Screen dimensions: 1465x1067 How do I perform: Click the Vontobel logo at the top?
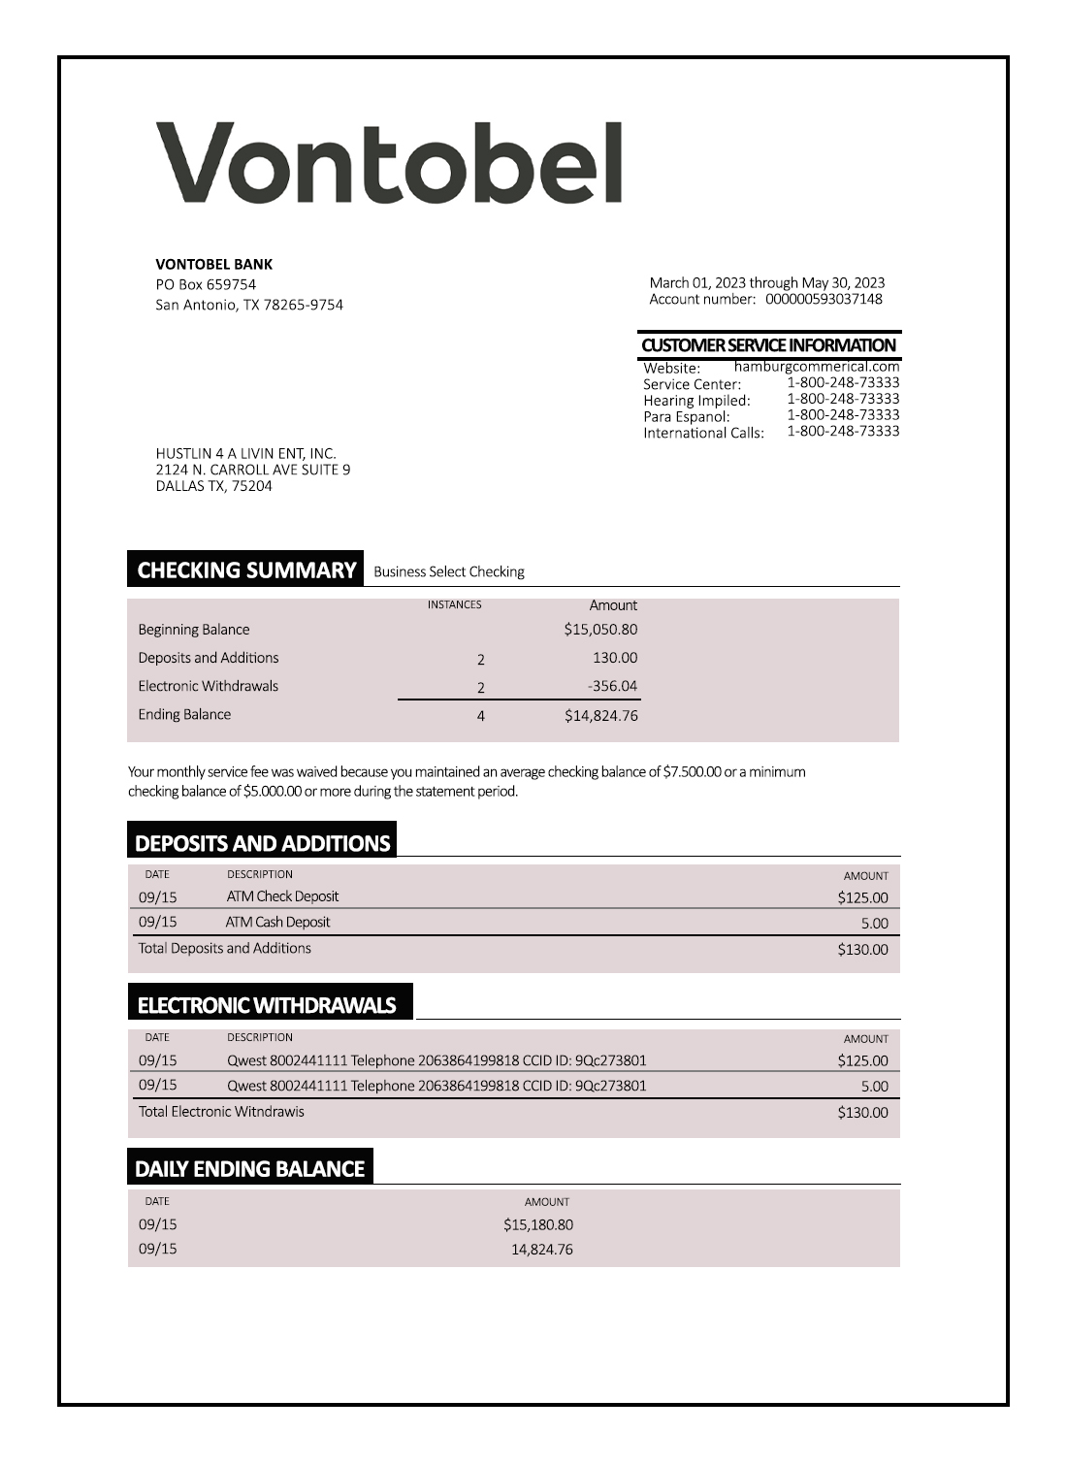pyautogui.click(x=389, y=162)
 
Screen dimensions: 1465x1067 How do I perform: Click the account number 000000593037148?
pyautogui.click(x=824, y=299)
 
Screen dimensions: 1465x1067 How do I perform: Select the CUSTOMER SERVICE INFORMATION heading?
pyautogui.click(x=768, y=345)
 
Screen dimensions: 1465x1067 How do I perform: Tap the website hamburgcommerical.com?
pyautogui.click(x=817, y=367)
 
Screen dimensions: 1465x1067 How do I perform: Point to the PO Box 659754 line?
pyautogui.click(x=206, y=284)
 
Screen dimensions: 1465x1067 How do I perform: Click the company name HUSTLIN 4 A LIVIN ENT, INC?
pyautogui.click(x=245, y=453)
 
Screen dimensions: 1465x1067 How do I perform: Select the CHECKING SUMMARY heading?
pyautogui.click(x=246, y=570)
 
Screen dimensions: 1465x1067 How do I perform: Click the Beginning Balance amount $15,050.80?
pyautogui.click(x=600, y=630)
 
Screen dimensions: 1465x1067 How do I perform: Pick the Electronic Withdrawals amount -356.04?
pyautogui.click(x=612, y=686)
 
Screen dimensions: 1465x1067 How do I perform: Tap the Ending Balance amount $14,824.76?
pyautogui.click(x=600, y=716)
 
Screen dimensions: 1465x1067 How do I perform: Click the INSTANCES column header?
pyautogui.click(x=454, y=604)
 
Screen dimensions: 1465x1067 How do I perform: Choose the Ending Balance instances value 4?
pyautogui.click(x=480, y=717)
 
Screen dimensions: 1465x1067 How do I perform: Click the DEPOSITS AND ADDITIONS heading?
pyautogui.click(x=262, y=843)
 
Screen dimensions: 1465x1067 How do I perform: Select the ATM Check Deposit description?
pyautogui.click(x=282, y=896)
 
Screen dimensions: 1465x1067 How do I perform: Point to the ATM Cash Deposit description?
pyautogui.click(x=277, y=923)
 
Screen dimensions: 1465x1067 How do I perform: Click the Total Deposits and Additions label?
pyautogui.click(x=224, y=949)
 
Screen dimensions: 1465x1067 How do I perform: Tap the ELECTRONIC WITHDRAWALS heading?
pyautogui.click(x=267, y=1005)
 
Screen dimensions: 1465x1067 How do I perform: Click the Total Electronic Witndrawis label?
pyautogui.click(x=221, y=1112)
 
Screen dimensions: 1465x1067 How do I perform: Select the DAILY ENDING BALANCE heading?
pyautogui.click(x=249, y=1169)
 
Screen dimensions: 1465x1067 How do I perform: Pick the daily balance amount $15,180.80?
pyautogui.click(x=537, y=1225)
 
